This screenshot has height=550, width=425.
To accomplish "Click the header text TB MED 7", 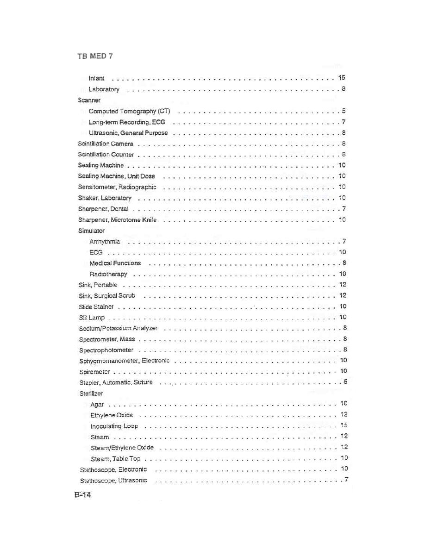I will (x=95, y=56).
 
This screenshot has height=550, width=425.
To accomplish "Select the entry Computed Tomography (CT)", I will (x=129, y=111).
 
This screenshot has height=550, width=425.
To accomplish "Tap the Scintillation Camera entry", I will (x=106, y=144).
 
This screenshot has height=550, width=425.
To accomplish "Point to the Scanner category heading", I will (x=89, y=100).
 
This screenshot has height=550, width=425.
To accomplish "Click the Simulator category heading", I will (x=91, y=231).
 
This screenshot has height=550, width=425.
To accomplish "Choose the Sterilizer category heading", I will (x=91, y=394).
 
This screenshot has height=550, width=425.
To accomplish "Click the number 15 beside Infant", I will (x=342, y=78).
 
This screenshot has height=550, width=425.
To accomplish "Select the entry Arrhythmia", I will (x=105, y=241).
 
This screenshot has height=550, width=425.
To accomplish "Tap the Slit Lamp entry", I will (x=92, y=317).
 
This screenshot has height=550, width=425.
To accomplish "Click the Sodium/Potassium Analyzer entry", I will (x=118, y=328).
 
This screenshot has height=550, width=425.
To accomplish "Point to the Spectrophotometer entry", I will (x=106, y=350).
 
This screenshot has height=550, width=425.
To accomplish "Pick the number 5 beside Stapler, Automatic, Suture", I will (x=345, y=382).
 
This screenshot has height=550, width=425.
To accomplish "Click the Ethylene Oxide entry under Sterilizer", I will (x=112, y=415).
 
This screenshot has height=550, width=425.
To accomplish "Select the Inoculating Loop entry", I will (x=114, y=426).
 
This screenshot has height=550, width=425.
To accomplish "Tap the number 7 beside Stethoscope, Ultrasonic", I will (x=346, y=479).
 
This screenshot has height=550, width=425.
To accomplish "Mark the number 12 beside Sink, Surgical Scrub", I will (x=343, y=295).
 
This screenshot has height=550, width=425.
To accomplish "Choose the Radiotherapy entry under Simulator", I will (x=108, y=274).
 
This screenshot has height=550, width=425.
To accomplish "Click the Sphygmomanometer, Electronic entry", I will (x=124, y=361).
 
